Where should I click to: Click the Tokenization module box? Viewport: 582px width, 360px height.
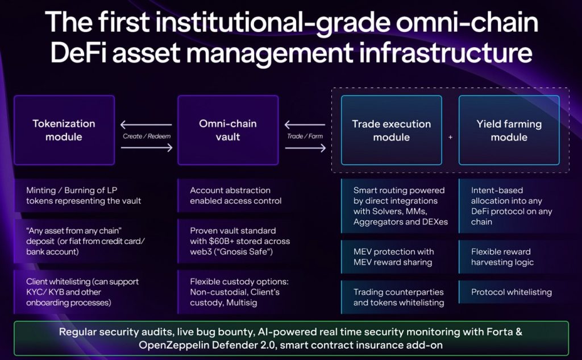pyautogui.click(x=64, y=130)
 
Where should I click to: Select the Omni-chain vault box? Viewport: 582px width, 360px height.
pyautogui.click(x=228, y=130)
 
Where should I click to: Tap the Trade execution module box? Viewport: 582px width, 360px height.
pyautogui.click(x=392, y=130)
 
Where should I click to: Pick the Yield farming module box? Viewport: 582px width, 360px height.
pyautogui.click(x=509, y=130)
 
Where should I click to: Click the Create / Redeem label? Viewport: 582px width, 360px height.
pyautogui.click(x=147, y=136)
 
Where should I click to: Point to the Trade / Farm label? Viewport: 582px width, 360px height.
pyautogui.click(x=305, y=136)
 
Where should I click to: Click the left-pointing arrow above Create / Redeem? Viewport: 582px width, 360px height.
pyautogui.click(x=146, y=125)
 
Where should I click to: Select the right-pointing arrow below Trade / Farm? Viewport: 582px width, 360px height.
pyautogui.click(x=305, y=148)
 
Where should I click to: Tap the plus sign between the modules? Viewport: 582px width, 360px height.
pyautogui.click(x=450, y=137)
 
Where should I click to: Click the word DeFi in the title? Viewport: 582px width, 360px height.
pyautogui.click(x=77, y=53)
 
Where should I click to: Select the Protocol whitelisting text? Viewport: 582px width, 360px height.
pyautogui.click(x=512, y=292)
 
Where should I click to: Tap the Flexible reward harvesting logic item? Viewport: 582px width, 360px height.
pyautogui.click(x=502, y=256)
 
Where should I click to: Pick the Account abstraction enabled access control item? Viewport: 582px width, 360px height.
pyautogui.click(x=236, y=196)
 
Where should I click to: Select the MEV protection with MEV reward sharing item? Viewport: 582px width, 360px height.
pyautogui.click(x=393, y=256)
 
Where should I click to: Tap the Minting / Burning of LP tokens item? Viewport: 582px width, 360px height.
pyautogui.click(x=84, y=196)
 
